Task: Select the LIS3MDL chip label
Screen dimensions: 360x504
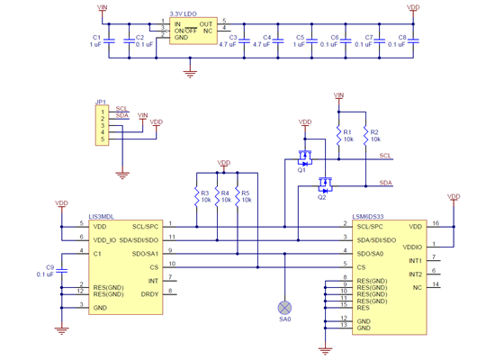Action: point(103,216)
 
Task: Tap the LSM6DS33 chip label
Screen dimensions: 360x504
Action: point(369,216)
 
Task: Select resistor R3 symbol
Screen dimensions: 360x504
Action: point(194,196)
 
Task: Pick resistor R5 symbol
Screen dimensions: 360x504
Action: point(236,196)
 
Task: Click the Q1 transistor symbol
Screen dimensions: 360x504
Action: point(305,159)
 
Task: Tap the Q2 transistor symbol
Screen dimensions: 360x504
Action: point(323,186)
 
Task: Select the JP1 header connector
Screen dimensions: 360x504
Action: point(103,126)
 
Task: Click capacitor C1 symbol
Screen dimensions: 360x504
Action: point(109,40)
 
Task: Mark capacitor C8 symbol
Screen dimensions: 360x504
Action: point(413,40)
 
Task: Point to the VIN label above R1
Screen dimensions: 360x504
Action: point(338,94)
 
